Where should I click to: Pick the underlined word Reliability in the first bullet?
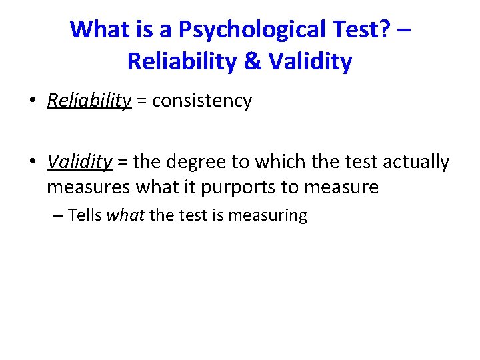pyautogui.click(x=89, y=101)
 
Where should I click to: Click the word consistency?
pyautogui.click(x=202, y=101)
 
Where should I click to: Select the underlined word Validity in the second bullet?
pyautogui.click(x=79, y=162)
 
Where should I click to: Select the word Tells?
pyautogui.click(x=85, y=215)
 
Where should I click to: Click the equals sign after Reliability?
pyautogui.click(x=142, y=101)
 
